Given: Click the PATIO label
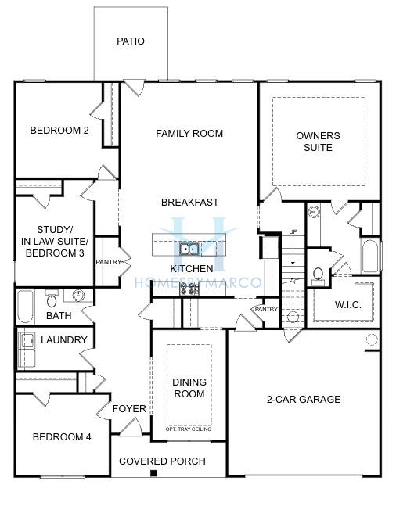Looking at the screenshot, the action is coord(131,41).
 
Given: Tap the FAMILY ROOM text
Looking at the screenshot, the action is coord(189,133).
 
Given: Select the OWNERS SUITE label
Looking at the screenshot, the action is coord(319,142).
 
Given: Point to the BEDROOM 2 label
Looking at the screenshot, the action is coord(59,131).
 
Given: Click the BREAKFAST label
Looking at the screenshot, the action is coord(190,203).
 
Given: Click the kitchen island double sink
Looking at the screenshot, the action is coord(189,249).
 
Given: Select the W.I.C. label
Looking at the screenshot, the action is coord(348,305).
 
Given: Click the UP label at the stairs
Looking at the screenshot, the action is coord(293,232).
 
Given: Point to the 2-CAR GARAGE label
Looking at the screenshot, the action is coord(304,399).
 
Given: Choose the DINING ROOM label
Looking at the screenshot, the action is coord(189,388).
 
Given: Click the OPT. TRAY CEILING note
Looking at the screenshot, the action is coord(189,429).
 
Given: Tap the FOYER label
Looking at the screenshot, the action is coord(129,409).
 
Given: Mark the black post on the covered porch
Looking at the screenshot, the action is coord(154,473).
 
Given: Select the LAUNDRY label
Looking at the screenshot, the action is coord(64,339).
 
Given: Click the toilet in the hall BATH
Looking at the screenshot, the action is coord(52,300).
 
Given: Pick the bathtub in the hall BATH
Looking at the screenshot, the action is coord(26,307).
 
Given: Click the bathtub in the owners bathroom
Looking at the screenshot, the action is coord(370,257).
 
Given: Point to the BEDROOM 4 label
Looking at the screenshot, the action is coord(62,437).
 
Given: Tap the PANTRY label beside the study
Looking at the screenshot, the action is coord(109,262).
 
